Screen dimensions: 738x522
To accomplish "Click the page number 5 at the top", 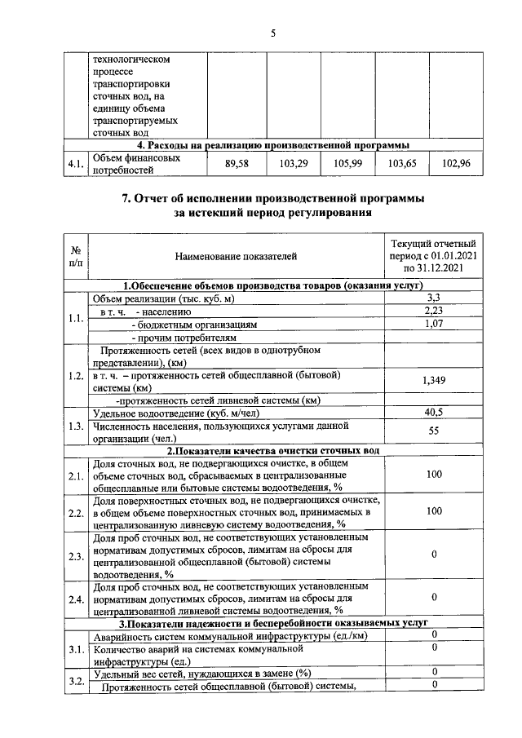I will point(273,33).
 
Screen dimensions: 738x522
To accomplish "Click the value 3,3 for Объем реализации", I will point(434,298).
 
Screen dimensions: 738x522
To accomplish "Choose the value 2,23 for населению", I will point(434,311).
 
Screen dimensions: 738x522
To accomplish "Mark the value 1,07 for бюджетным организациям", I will point(434,324).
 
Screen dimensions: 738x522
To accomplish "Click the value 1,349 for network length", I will point(434,381).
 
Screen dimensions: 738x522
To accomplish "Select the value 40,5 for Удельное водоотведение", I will point(434,413).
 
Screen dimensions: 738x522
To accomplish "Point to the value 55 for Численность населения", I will point(434,431).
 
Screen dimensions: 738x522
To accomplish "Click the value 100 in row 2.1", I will point(434,475).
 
